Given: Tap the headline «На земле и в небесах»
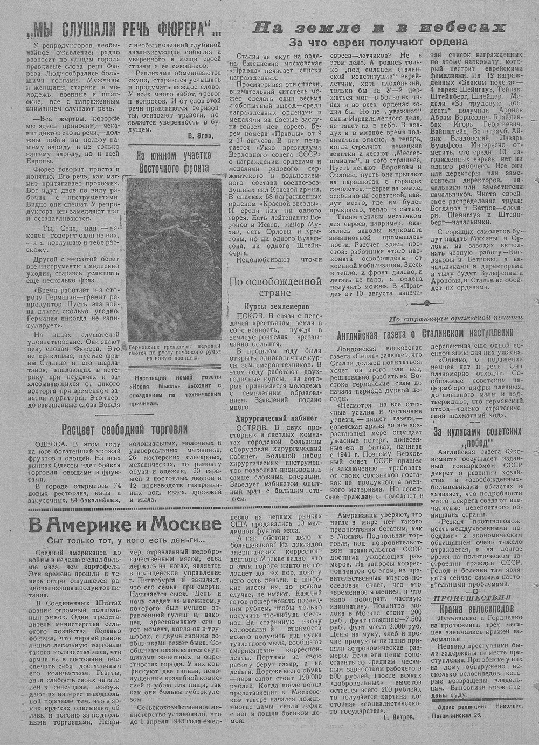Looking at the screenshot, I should (380, 27).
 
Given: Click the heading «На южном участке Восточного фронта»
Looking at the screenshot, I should (174, 161).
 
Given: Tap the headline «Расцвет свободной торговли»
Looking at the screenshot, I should (124, 429).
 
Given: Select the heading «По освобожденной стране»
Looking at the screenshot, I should (275, 287).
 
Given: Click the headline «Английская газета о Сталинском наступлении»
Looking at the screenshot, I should (425, 333).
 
